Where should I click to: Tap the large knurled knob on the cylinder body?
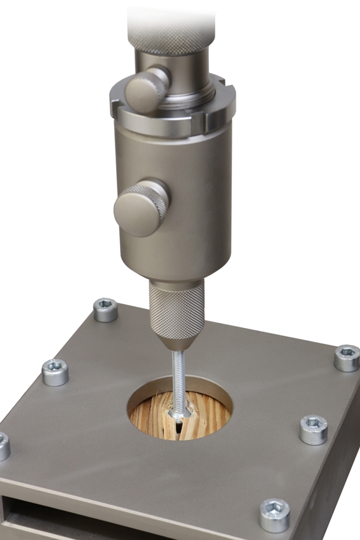pos(141,207)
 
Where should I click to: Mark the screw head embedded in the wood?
pos(177,414)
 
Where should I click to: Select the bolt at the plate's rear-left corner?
pos(105,310)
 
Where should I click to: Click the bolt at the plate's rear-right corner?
pos(347,357)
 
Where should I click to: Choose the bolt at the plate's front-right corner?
pos(274,514)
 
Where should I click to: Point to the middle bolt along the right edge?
pos(313,429)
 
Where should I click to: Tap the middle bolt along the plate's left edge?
pos(55,372)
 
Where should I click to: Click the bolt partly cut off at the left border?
pos(3,446)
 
